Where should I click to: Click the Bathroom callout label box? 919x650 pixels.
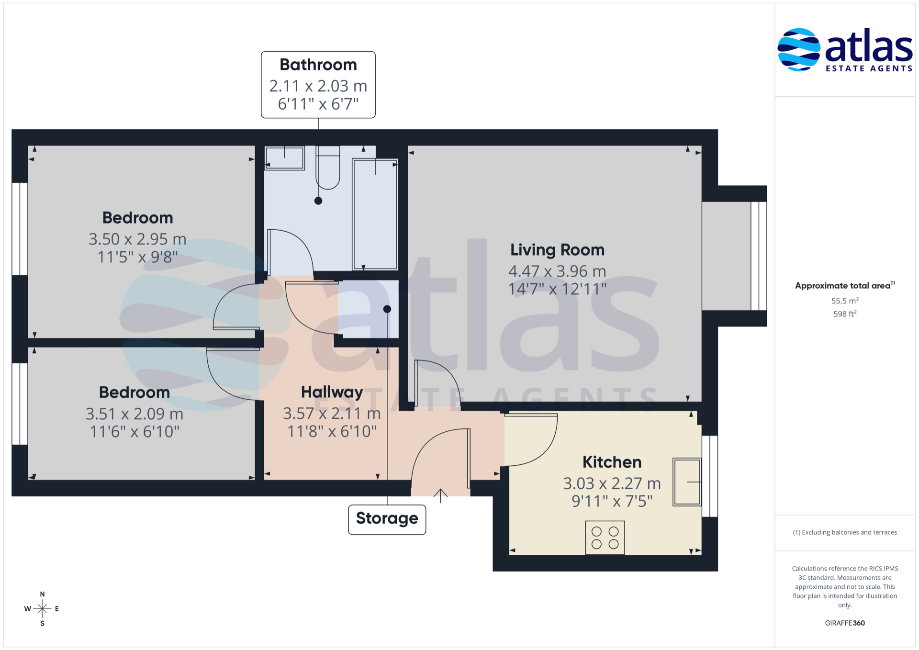pyautogui.click(x=318, y=85)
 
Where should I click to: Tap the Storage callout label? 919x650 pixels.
pyautogui.click(x=387, y=519)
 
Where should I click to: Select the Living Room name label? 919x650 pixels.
pyautogui.click(x=557, y=250)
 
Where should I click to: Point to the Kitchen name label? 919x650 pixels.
pyautogui.click(x=612, y=462)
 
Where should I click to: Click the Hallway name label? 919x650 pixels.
pyautogui.click(x=332, y=392)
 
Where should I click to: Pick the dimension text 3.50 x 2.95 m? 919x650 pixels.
pyautogui.click(x=137, y=239)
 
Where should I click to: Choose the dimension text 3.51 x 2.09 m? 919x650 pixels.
pyautogui.click(x=134, y=414)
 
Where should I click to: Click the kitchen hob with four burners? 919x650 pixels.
pyautogui.click(x=605, y=538)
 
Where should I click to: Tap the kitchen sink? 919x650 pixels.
pyautogui.click(x=687, y=482)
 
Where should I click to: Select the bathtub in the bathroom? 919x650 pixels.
pyautogui.click(x=375, y=214)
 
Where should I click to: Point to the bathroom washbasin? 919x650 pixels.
pyautogui.click(x=285, y=158)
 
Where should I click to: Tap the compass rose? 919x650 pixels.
pyautogui.click(x=42, y=609)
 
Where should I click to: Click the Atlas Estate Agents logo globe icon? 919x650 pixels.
pyautogui.click(x=798, y=50)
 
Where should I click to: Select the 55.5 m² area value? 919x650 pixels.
pyautogui.click(x=845, y=301)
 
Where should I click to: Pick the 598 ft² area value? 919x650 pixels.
pyautogui.click(x=845, y=314)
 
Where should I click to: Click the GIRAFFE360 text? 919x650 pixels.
pyautogui.click(x=845, y=623)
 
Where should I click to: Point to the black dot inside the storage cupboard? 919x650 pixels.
pyautogui.click(x=387, y=309)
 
